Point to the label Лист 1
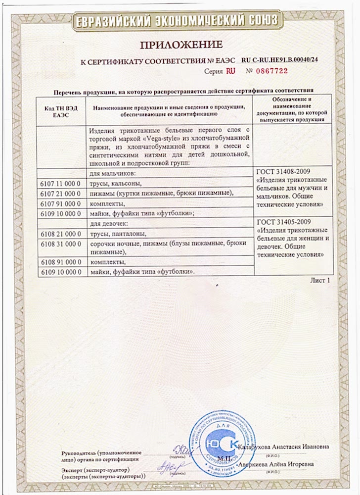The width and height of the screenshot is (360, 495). (x=319, y=280)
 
